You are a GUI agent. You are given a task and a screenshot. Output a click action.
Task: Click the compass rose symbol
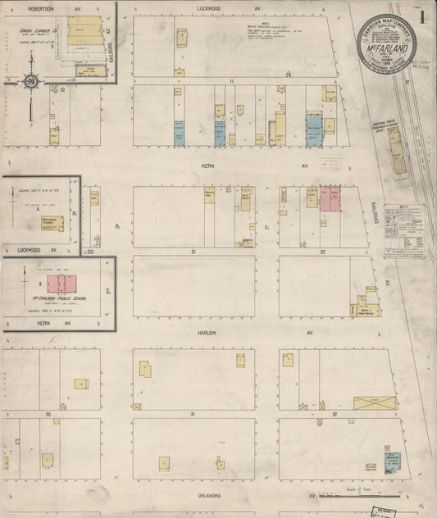click(30, 80)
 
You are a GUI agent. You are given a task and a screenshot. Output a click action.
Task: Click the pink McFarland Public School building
click(61, 284)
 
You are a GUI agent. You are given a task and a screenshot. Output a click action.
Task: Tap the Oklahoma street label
click(211, 496)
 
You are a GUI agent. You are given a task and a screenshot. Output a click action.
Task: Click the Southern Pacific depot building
click(397, 152)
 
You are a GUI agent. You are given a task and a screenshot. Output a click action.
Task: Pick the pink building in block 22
click(330, 198)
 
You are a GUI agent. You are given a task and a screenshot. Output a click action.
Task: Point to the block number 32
click(335, 414)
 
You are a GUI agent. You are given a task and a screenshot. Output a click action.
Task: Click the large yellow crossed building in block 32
click(374, 403)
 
